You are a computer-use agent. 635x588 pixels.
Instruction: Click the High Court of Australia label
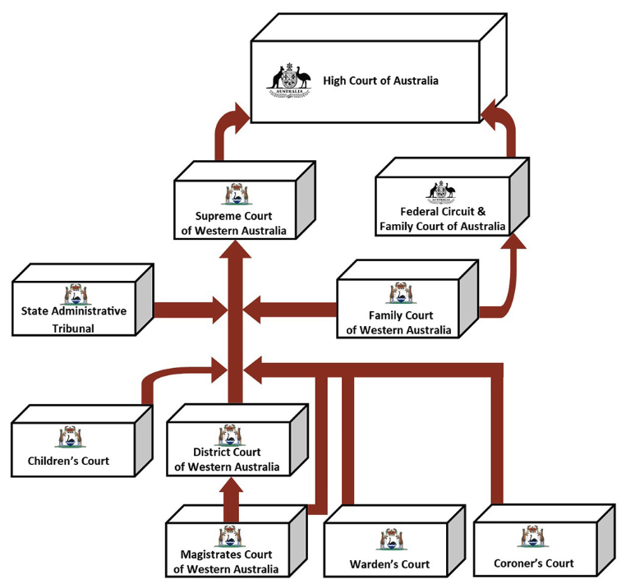click(369, 80)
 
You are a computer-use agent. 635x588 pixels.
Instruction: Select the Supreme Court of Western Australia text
click(234, 223)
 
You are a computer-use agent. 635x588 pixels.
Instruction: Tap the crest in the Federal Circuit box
click(441, 191)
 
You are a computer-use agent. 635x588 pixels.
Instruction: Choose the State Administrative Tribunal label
click(74, 319)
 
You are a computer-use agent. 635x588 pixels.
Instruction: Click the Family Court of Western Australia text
click(398, 323)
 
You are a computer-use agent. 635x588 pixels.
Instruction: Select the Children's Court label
click(68, 461)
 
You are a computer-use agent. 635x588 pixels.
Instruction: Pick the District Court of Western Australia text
click(226, 459)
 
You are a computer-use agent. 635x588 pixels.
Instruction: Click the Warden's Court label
click(389, 564)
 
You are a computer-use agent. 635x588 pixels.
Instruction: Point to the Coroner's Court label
click(533, 563)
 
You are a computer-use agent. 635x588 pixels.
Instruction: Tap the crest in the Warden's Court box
click(390, 539)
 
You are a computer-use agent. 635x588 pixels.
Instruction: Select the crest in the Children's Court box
click(69, 436)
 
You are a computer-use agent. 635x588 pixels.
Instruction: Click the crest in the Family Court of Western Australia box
click(400, 293)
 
